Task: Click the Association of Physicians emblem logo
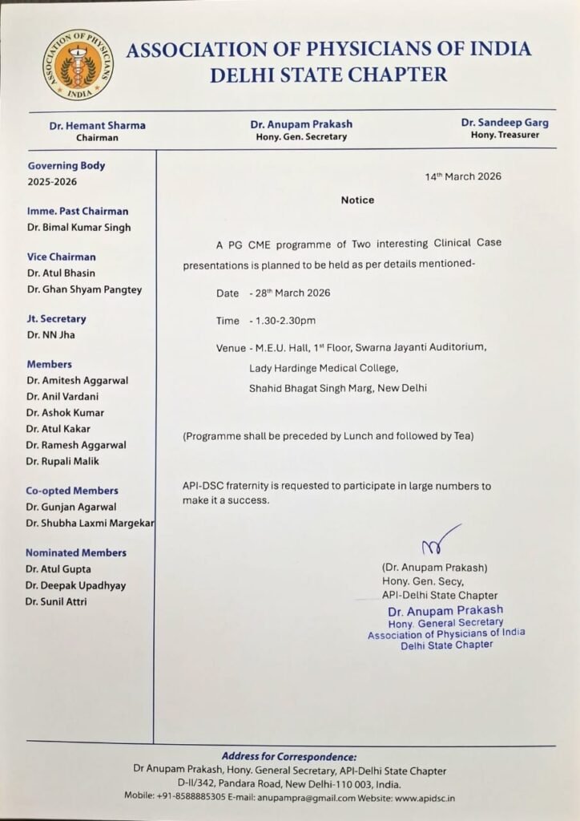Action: click(78, 64)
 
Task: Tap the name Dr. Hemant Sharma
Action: click(97, 125)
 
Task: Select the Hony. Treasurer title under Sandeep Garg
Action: click(505, 135)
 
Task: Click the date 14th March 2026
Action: click(463, 176)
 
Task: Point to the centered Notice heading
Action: click(357, 200)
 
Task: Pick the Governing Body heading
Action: click(66, 166)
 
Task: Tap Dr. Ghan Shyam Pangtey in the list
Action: click(84, 289)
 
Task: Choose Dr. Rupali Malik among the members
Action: click(65, 461)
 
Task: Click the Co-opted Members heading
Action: click(72, 491)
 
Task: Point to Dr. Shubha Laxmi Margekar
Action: click(90, 523)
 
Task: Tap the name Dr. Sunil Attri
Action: click(56, 601)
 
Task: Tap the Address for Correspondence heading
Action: click(289, 757)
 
